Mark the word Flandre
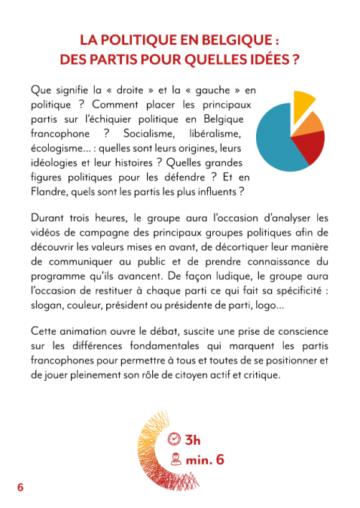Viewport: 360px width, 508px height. [53, 191]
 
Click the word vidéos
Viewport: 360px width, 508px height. [47, 234]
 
